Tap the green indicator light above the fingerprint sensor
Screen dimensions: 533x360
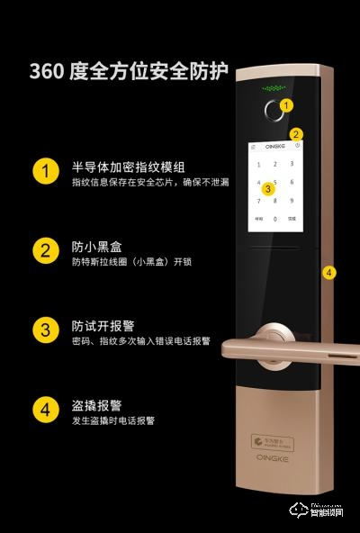(x=273, y=89)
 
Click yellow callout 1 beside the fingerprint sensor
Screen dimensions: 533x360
(x=286, y=105)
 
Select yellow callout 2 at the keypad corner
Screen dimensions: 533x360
(x=296, y=134)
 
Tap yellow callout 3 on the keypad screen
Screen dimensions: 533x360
(x=266, y=189)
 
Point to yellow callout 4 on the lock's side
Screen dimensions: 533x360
(x=328, y=271)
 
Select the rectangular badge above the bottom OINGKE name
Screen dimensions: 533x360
(x=273, y=444)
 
